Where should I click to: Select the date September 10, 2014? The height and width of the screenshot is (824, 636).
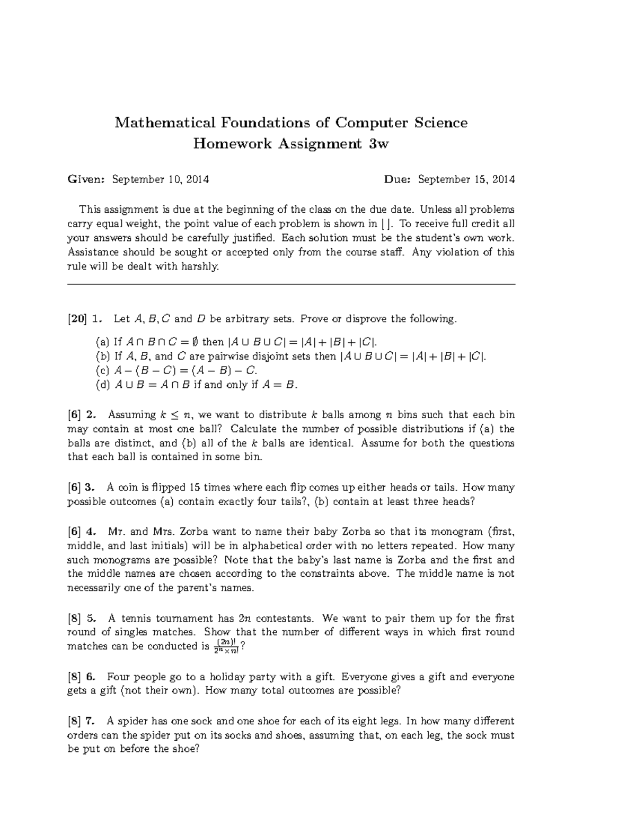coord(160,179)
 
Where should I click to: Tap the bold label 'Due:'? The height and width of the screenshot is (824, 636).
coord(397,179)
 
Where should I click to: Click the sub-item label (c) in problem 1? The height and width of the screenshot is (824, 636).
coord(102,370)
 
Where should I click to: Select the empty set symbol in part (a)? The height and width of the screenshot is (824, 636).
coord(192,342)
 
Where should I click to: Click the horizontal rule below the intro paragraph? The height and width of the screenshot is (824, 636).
coord(291,285)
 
